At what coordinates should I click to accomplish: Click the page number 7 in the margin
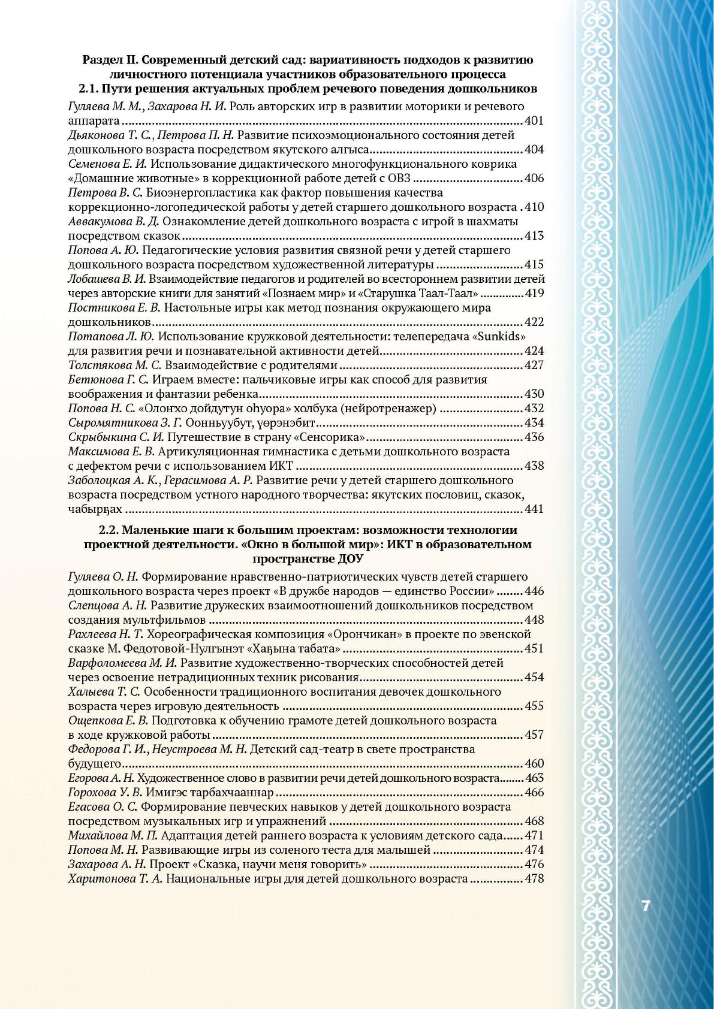point(645,905)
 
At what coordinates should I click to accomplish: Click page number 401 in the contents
point(534,120)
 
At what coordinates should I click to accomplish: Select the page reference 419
point(534,293)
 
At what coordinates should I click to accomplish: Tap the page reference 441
point(534,509)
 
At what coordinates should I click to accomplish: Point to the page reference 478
point(534,878)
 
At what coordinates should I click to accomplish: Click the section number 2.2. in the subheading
point(109,530)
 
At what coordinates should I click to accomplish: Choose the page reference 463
point(534,778)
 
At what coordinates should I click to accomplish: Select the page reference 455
point(534,706)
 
